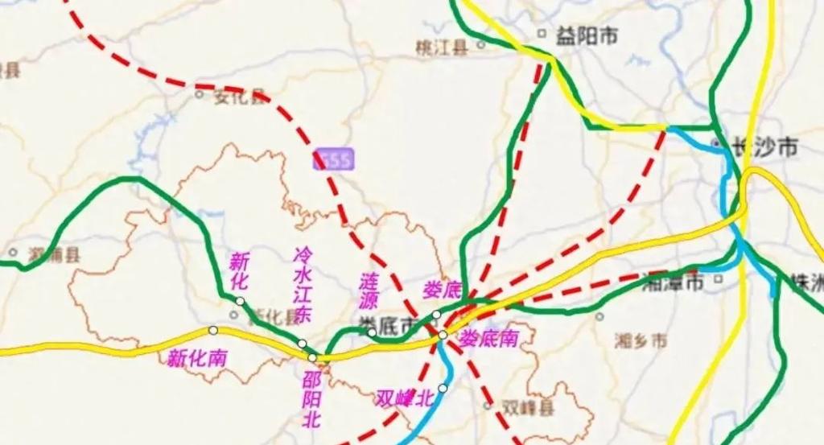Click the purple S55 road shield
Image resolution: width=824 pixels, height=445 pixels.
pos(332,160)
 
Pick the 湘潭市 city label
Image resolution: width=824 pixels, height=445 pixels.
pos(674,281)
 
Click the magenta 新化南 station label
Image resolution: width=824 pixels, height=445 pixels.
pos(196,358)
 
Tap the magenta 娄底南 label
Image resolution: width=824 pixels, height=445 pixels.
pos(488,339)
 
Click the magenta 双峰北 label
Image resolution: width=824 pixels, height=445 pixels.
pos(405,398)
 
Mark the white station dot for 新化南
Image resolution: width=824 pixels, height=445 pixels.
pos(213,330)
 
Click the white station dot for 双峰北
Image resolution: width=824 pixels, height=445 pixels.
pos(442,388)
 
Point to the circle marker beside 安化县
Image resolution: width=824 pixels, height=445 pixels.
pos(200,94)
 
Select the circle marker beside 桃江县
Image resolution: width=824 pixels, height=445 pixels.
pos(481,45)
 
